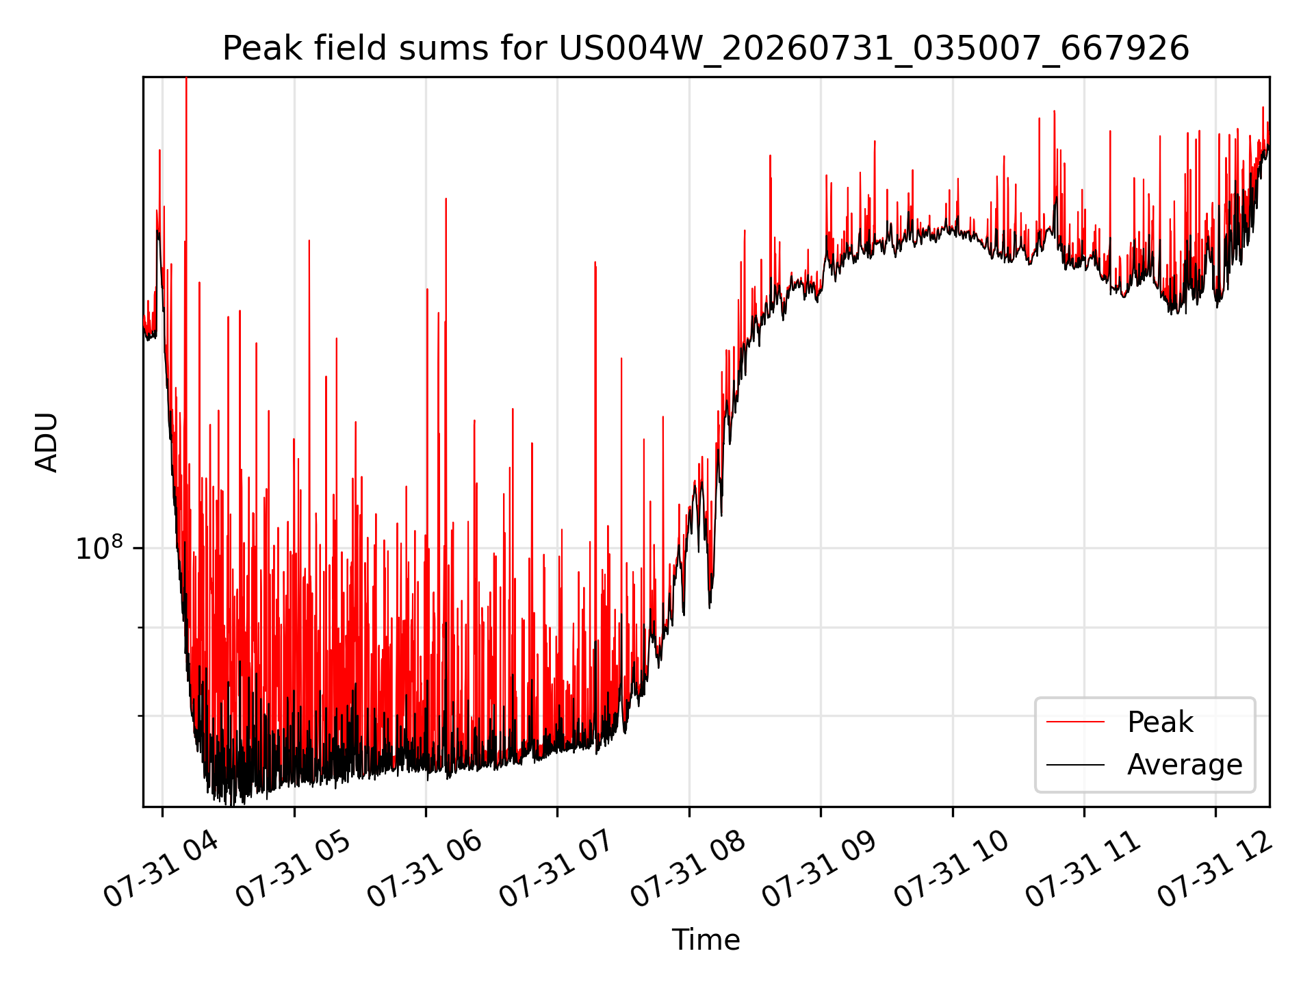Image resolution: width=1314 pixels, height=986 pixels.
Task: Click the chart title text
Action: pyautogui.click(x=706, y=49)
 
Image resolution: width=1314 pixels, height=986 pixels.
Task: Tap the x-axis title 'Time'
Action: pyautogui.click(x=706, y=940)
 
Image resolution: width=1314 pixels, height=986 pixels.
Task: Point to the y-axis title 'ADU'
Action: pyautogui.click(x=47, y=442)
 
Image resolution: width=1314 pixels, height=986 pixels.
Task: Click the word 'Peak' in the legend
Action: pyautogui.click(x=1160, y=722)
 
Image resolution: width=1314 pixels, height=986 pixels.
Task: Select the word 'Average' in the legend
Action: pyautogui.click(x=1185, y=765)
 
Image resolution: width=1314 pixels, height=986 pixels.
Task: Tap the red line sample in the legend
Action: pyautogui.click(x=1075, y=722)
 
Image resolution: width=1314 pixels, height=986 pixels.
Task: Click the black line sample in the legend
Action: pyautogui.click(x=1075, y=764)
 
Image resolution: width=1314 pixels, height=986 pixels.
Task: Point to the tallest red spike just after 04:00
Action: pyautogui.click(x=186, y=79)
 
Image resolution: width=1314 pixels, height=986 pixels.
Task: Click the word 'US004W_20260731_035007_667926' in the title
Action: pyautogui.click(x=874, y=49)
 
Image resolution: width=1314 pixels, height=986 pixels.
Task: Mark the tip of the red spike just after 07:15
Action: pyautogui.click(x=595, y=262)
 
